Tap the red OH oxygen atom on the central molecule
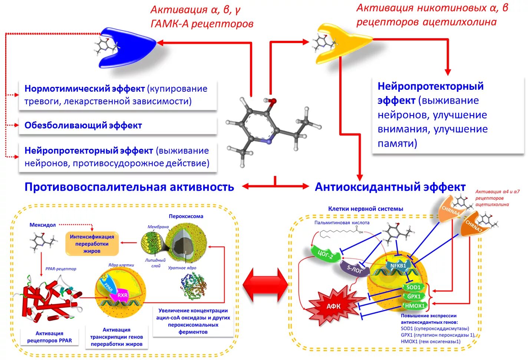[x=273, y=101]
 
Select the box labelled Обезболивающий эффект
[x=118, y=125]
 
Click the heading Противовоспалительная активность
[x=129, y=187]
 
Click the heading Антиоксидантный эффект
[x=390, y=187]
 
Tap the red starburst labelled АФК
[x=333, y=306]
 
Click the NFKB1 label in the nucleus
[x=398, y=266]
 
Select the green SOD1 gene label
[x=413, y=287]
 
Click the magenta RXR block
[x=122, y=295]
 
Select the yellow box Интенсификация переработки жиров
[x=92, y=244]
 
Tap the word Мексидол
[x=43, y=225]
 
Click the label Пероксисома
[x=186, y=216]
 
